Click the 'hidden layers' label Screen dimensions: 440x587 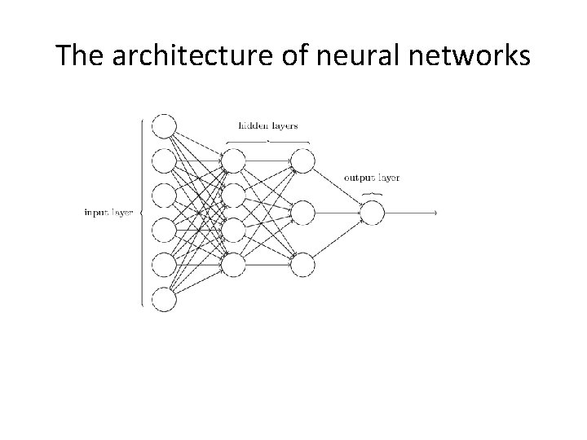(267, 125)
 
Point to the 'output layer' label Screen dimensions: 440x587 (372, 178)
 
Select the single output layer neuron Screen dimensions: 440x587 (372, 213)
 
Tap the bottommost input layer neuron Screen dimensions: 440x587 (164, 300)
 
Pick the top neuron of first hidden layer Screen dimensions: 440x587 (233, 161)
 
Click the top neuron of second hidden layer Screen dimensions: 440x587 (302, 161)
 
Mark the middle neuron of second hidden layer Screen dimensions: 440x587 (302, 213)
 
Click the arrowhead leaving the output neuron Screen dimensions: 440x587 (436, 213)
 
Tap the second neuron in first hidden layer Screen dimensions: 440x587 (233, 196)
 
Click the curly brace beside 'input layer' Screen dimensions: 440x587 (143, 213)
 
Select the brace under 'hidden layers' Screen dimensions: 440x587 (267, 140)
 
